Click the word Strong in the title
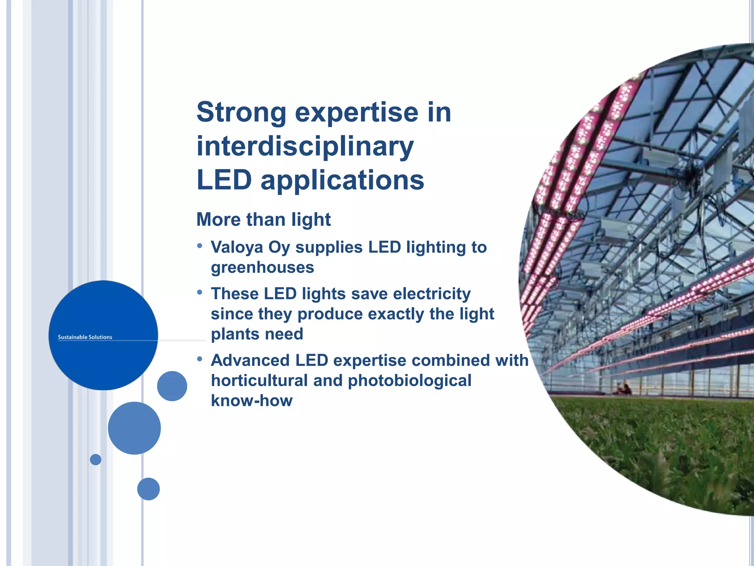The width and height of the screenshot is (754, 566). click(241, 112)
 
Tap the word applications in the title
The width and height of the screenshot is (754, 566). click(342, 181)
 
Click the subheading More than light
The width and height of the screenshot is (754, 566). click(263, 220)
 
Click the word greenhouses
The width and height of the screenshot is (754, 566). click(262, 268)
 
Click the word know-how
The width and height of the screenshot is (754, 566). click(251, 401)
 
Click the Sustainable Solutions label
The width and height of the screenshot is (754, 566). click(85, 337)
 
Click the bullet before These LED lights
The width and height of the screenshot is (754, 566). click(200, 293)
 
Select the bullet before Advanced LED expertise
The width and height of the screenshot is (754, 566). click(200, 359)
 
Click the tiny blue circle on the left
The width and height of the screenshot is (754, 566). click(95, 460)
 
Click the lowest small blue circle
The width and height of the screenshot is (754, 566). click(148, 489)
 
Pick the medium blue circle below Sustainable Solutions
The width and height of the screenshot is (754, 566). click(134, 428)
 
